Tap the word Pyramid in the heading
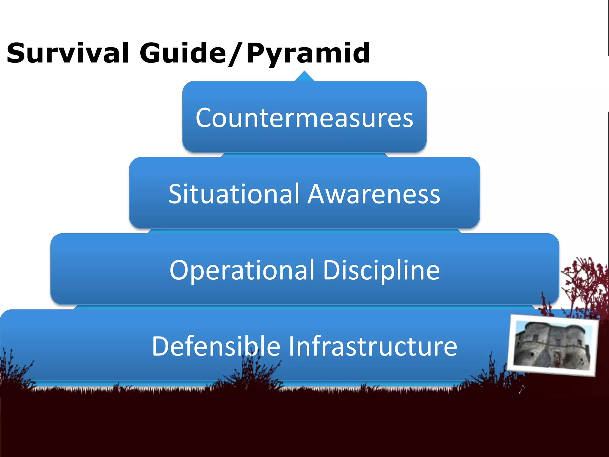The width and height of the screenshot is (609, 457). click(x=308, y=54)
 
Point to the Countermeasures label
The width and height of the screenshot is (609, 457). click(x=304, y=118)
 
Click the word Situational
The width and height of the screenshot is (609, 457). click(x=233, y=194)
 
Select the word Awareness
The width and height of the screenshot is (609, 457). click(x=374, y=194)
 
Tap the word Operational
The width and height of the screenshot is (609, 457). click(x=242, y=270)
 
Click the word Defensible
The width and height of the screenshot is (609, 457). click(x=216, y=346)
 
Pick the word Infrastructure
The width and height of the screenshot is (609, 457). click(x=373, y=346)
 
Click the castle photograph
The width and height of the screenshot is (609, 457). click(x=553, y=345)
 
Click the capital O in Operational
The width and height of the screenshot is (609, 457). click(x=180, y=270)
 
